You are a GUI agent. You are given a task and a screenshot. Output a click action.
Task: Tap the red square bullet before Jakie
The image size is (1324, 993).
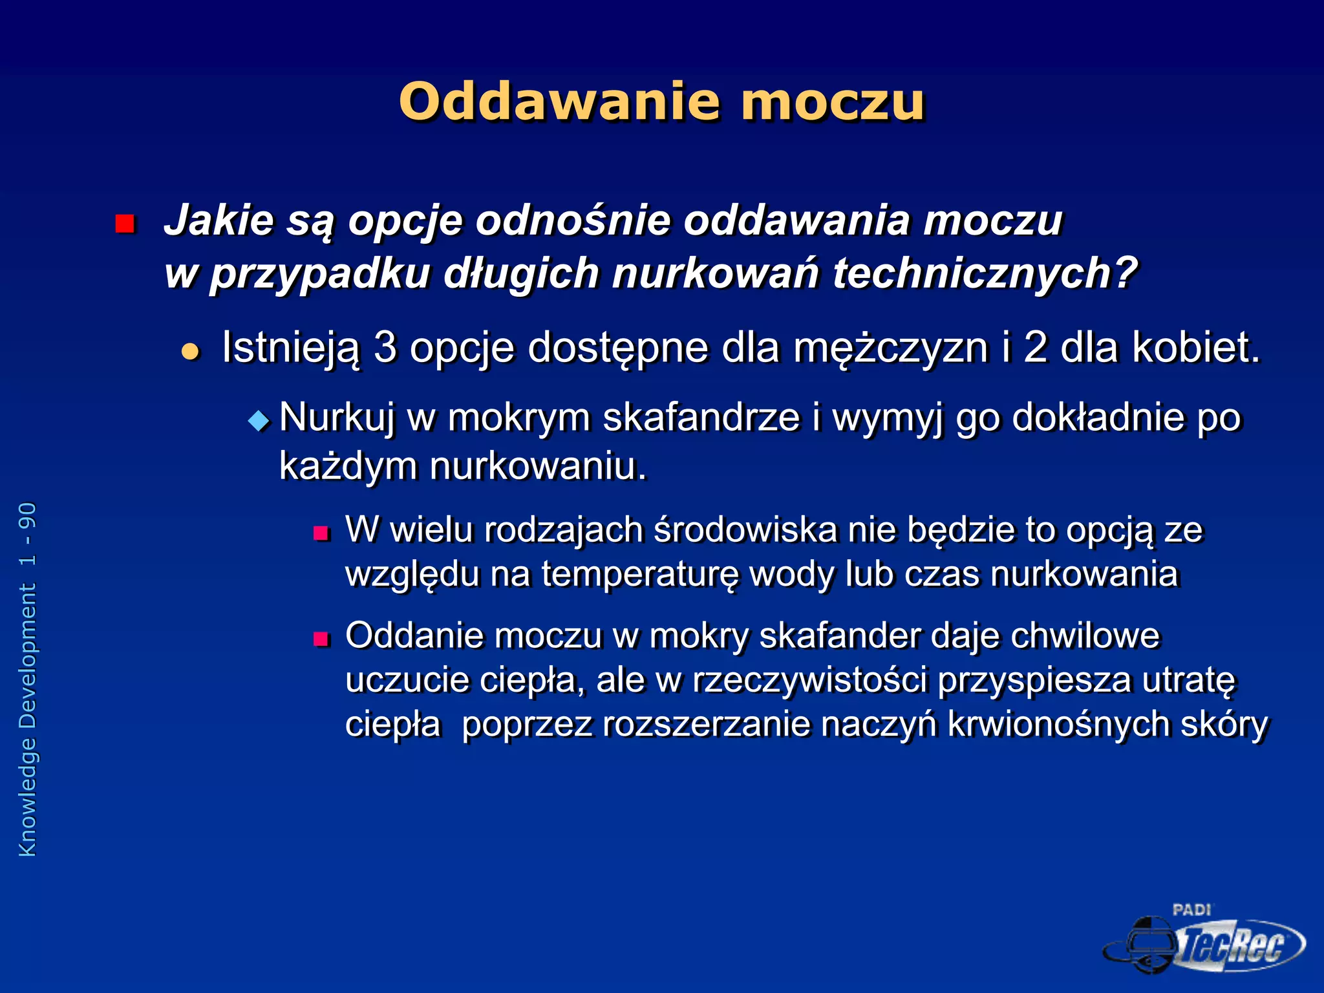[124, 224]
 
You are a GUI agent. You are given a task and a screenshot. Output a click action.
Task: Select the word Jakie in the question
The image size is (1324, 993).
[219, 220]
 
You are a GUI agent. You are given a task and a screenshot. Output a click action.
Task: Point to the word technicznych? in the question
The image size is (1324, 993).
[985, 273]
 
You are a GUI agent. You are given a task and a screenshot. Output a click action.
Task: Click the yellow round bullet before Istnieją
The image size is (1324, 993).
[190, 352]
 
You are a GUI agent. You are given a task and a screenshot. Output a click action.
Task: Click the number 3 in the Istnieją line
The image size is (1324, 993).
[385, 347]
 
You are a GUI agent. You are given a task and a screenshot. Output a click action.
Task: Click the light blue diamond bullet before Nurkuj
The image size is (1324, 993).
[259, 422]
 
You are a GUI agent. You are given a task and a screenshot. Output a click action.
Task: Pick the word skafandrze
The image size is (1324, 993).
[701, 417]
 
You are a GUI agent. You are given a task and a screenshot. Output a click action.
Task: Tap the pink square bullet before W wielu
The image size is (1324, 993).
[321, 533]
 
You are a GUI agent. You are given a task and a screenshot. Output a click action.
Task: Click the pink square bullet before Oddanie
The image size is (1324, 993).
[321, 639]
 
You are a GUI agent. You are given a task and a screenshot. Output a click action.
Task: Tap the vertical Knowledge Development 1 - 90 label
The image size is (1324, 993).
[28, 679]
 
